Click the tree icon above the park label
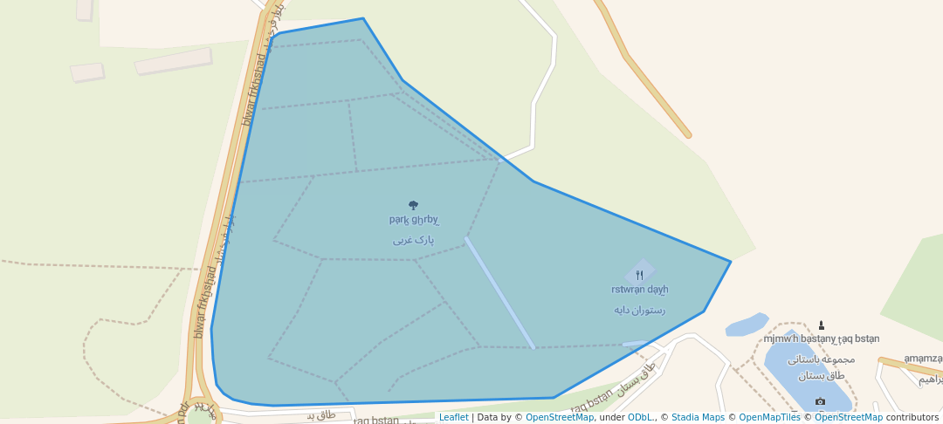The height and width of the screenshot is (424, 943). click(413, 206)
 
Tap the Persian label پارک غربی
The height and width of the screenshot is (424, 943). click(413, 239)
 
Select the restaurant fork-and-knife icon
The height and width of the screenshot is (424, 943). click(640, 275)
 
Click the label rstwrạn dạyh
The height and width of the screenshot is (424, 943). click(639, 290)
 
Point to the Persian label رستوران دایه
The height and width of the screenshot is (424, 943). click(639, 310)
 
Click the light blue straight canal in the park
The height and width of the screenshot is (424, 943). click(499, 292)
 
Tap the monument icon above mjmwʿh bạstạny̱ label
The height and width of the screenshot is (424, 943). click(821, 325)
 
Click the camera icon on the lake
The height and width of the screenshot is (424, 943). click(820, 401)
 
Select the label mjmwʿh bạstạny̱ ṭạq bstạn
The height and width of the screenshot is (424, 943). click(821, 339)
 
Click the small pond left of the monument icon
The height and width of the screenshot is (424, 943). click(747, 325)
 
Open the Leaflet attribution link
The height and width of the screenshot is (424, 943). click(453, 417)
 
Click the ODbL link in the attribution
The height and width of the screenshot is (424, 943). click(641, 417)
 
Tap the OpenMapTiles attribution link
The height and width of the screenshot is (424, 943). click(769, 417)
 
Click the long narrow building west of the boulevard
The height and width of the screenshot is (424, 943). click(173, 60)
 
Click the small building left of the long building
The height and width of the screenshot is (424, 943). click(86, 72)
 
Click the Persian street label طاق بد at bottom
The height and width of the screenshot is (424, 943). click(320, 414)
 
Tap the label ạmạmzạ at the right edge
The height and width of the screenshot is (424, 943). click(922, 359)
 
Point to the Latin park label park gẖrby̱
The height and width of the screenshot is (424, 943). click(414, 220)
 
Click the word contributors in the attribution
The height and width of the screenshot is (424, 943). click(912, 417)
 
